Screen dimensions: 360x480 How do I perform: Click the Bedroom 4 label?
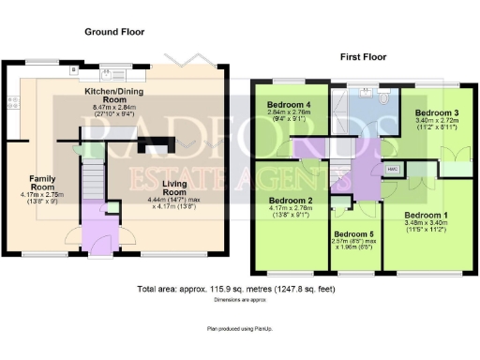click(289, 103)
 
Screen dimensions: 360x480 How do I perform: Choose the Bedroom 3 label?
click(437, 112)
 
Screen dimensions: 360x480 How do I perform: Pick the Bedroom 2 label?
click(291, 201)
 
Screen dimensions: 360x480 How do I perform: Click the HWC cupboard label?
click(392, 169)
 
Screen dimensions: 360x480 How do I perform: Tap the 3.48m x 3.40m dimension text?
click(427, 223)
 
